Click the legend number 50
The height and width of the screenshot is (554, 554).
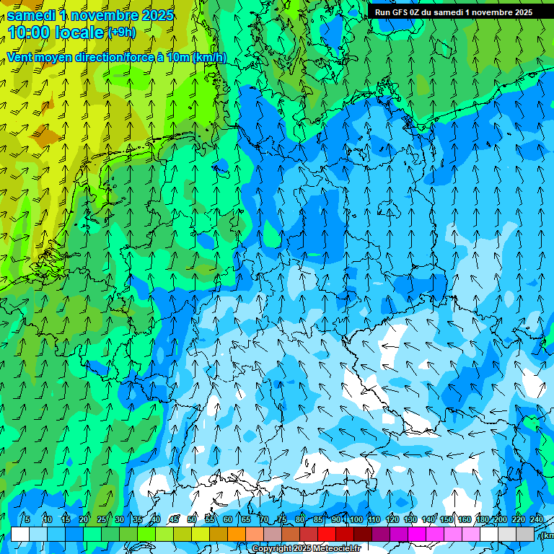tap(192, 519)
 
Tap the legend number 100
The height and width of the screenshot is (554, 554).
tap(356, 519)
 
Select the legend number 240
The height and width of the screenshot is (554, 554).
tap(537, 519)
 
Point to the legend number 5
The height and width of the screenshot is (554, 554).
tap(27, 519)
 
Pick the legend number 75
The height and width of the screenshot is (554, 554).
tap(282, 519)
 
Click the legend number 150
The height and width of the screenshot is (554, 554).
tap(447, 519)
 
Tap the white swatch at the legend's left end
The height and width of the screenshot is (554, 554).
tap(20, 534)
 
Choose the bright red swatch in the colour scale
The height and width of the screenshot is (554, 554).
tap(327, 534)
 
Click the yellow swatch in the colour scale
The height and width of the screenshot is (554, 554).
tap(183, 534)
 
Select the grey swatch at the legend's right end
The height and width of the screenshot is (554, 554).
tap(525, 534)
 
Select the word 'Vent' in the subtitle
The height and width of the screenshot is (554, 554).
tap(20, 58)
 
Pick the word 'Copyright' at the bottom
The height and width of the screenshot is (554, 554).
tap(272, 549)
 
